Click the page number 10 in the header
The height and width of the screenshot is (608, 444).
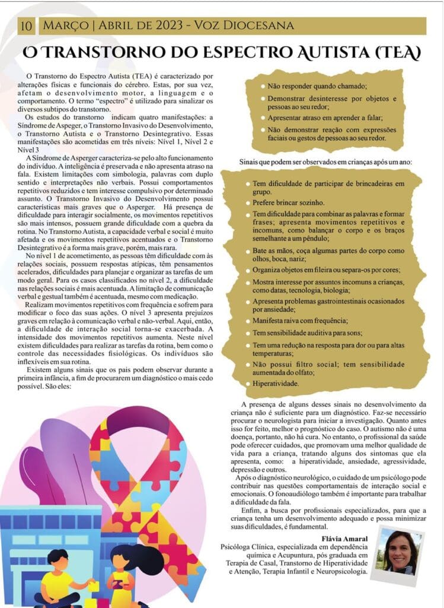coord(27,26)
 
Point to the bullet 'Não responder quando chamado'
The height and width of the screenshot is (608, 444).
coord(318,86)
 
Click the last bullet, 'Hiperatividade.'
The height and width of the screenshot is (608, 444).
coord(276,384)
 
